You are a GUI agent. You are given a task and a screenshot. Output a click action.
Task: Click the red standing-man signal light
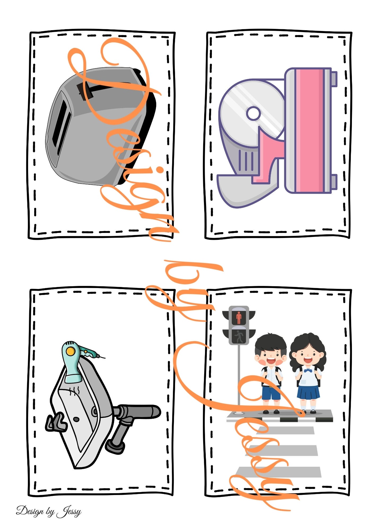[239, 317]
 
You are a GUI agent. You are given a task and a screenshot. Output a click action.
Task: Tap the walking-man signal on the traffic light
[239, 336]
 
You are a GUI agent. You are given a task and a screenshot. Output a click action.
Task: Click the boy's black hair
[271, 343]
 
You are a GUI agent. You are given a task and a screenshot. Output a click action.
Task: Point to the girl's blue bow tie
[308, 370]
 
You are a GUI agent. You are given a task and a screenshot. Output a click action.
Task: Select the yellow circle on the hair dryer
[71, 351]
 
